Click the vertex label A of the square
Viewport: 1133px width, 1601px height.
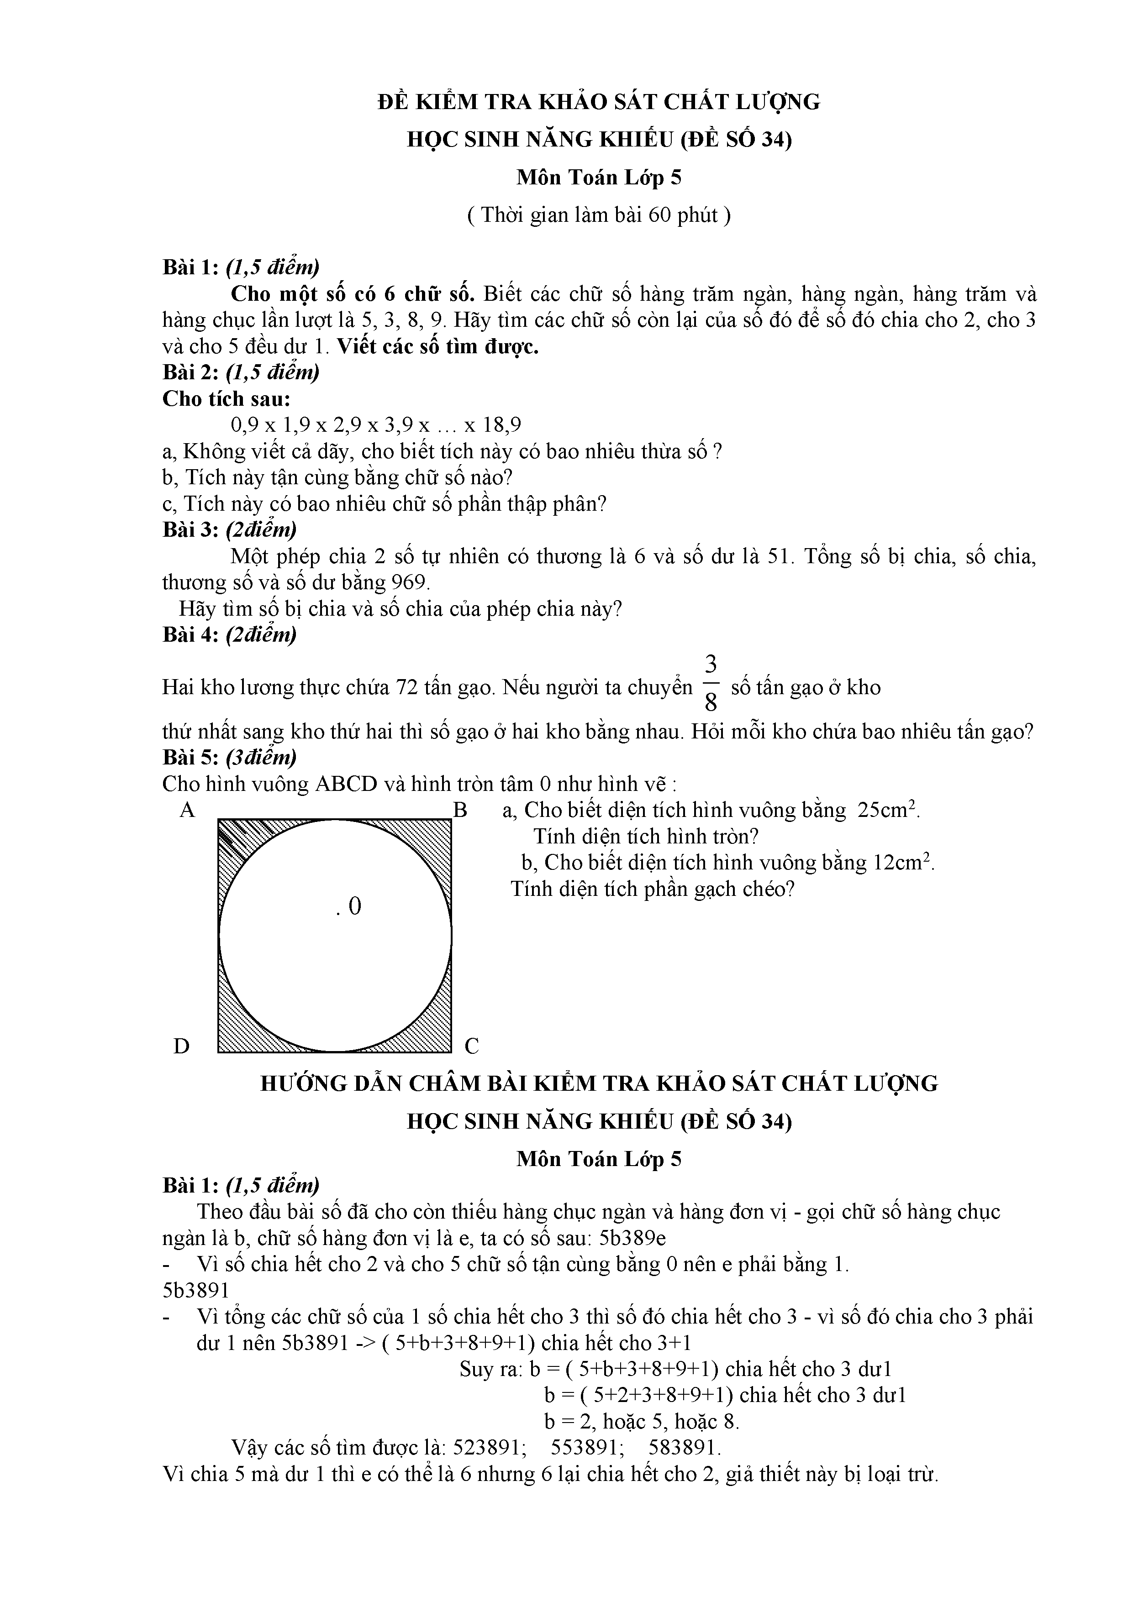coord(187,810)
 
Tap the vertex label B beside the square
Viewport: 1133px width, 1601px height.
coord(460,810)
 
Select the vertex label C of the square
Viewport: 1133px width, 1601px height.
coord(472,1046)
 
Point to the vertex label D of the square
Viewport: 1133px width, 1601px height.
coord(181,1046)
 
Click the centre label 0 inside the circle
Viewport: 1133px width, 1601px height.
coord(354,906)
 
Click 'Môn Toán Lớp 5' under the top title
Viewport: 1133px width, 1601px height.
coord(599,178)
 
